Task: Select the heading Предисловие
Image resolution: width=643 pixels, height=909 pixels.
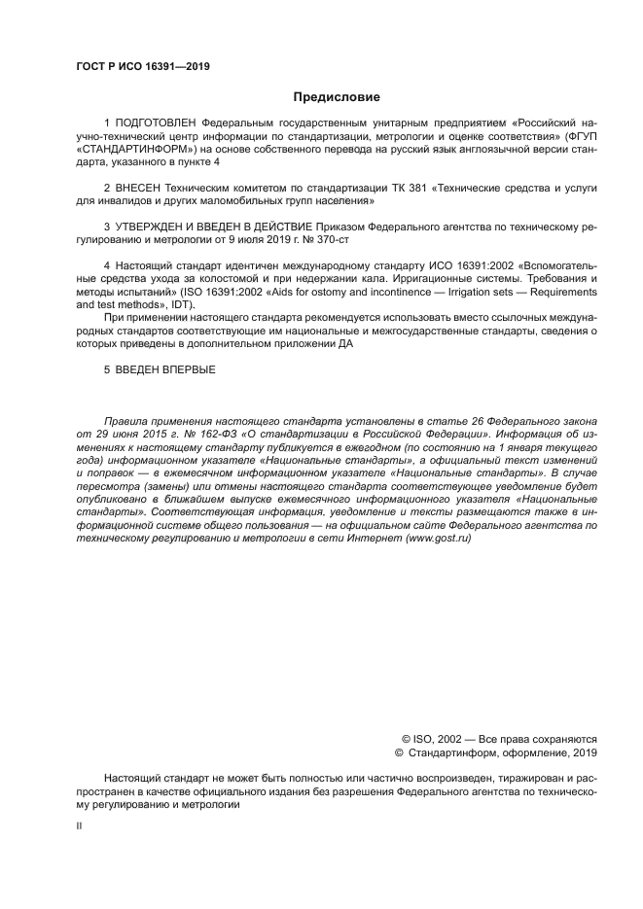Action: point(337,97)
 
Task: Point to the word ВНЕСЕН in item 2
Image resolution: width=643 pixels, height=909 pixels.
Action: point(138,186)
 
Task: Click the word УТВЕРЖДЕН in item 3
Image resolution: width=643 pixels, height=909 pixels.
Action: point(154,226)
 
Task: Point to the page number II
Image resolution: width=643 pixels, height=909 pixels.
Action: point(79,824)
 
